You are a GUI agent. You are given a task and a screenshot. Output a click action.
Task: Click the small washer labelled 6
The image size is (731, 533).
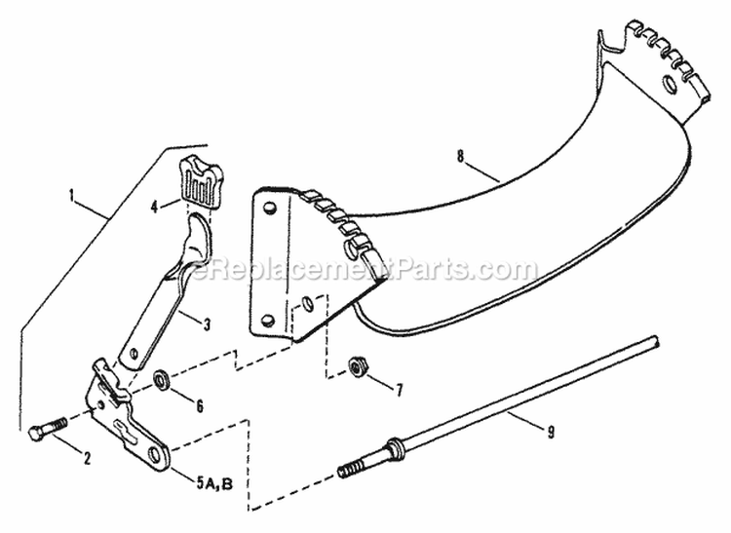pyautogui.click(x=162, y=378)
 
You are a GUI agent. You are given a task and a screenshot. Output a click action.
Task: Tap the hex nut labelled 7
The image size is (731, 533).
pyautogui.click(x=356, y=367)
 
